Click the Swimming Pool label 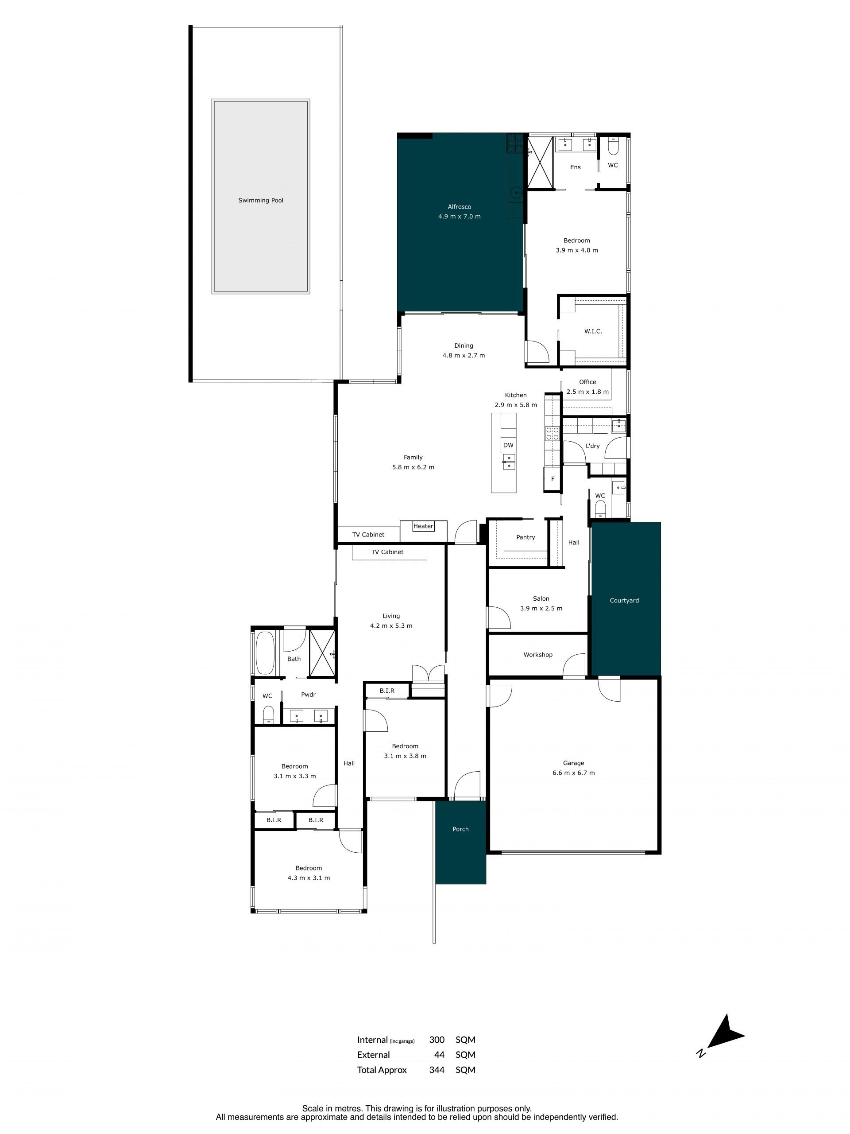[x=260, y=201]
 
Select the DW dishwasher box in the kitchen [x=508, y=445]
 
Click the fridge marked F [x=552, y=479]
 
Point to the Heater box [x=423, y=526]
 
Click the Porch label [x=460, y=829]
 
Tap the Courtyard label [x=624, y=600]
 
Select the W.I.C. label [x=593, y=331]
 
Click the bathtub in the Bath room [x=265, y=652]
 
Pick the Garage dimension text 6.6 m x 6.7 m [x=573, y=773]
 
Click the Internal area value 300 [x=437, y=1040]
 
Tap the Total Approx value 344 [x=437, y=1070]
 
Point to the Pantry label [x=525, y=537]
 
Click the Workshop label [x=537, y=655]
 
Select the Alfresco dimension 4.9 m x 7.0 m [x=459, y=216]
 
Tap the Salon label [x=541, y=598]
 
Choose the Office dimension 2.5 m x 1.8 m [x=587, y=392]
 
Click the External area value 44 [x=439, y=1055]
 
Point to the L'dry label [x=592, y=446]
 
